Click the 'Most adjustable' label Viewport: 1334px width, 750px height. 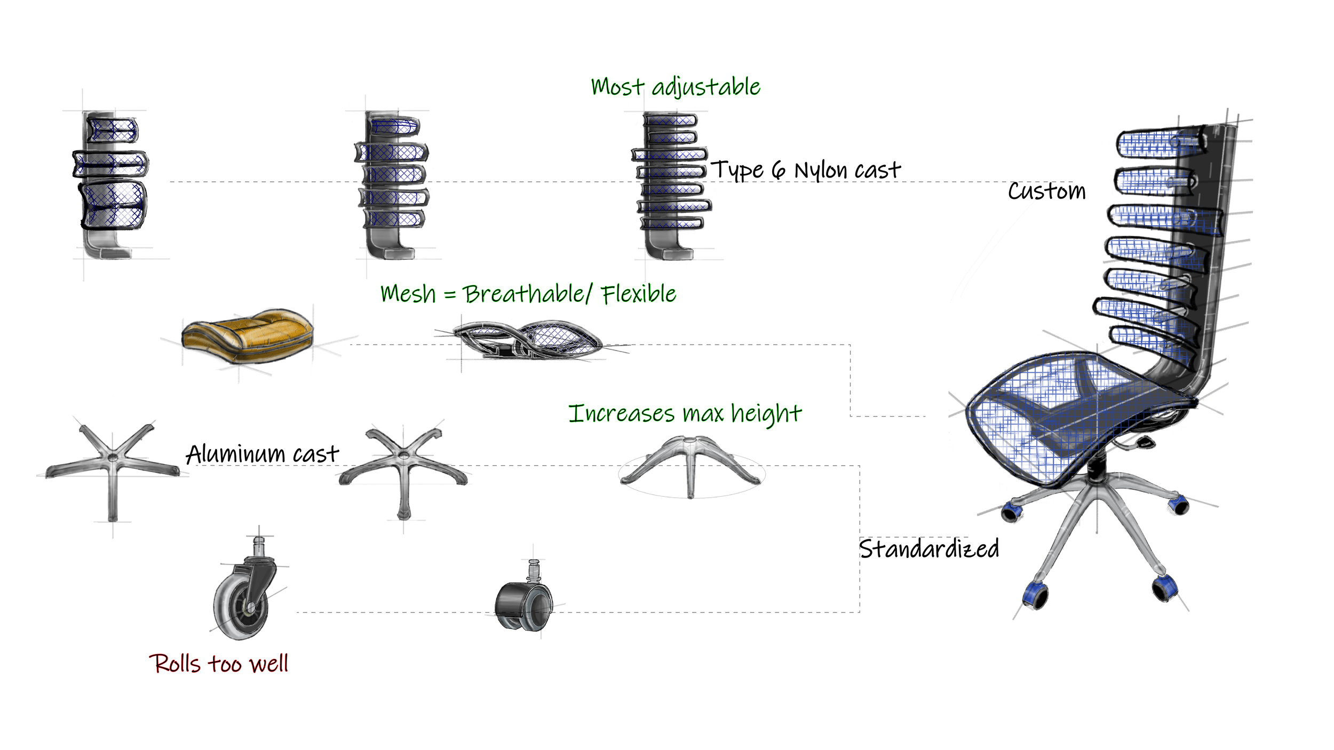[x=675, y=87]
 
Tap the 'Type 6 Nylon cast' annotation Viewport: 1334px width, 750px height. [x=806, y=170]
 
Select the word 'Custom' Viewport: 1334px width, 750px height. [x=1046, y=191]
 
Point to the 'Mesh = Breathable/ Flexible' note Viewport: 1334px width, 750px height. [x=528, y=294]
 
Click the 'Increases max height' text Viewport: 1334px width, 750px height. [x=685, y=414]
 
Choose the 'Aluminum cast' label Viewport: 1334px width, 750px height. [x=262, y=454]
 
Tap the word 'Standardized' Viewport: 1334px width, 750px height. [x=928, y=549]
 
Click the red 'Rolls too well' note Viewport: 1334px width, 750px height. [x=218, y=664]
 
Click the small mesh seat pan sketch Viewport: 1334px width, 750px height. [x=528, y=340]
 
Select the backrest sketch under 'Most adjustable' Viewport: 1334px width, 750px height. [x=670, y=181]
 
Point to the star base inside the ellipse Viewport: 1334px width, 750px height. [x=690, y=464]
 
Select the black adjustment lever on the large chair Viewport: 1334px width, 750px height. [x=1145, y=442]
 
